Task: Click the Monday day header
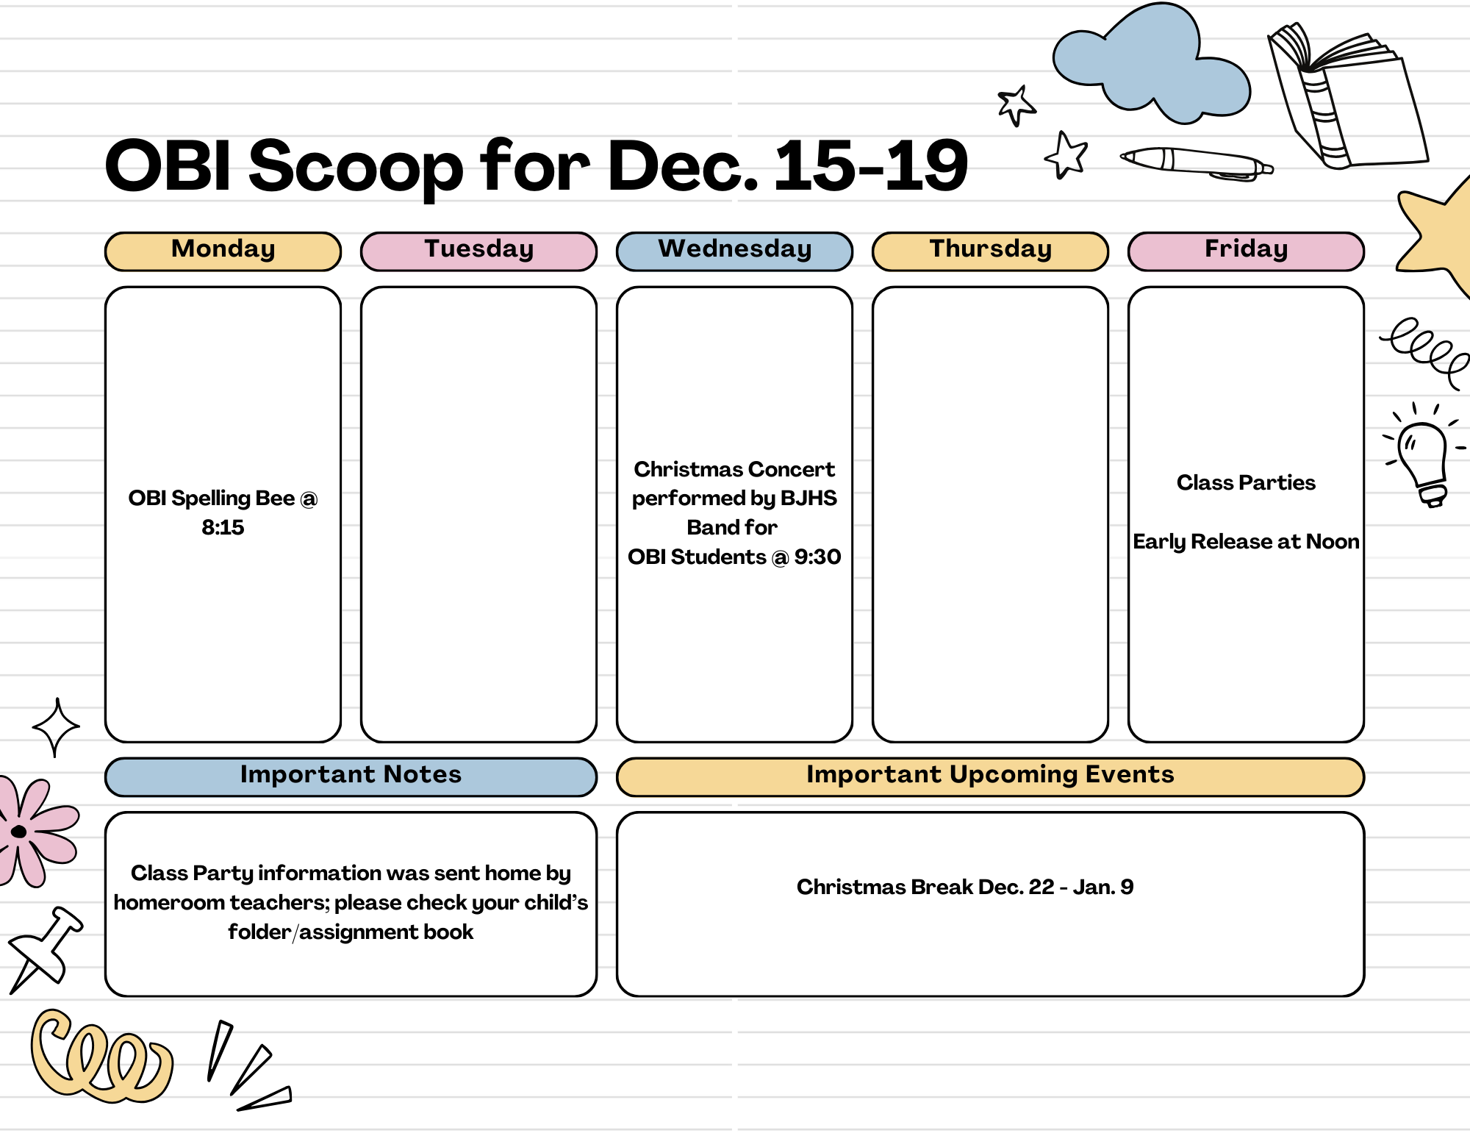point(223,250)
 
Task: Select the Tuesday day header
point(478,250)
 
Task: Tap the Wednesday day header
point(734,250)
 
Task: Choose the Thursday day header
point(990,250)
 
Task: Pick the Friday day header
point(1246,250)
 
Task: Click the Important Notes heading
point(351,776)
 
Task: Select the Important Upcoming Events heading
point(990,776)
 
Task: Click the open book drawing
point(1345,96)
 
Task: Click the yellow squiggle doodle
point(99,1059)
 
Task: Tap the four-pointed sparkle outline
point(56,727)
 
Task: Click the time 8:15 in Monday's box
point(223,528)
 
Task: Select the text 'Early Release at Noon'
point(1246,542)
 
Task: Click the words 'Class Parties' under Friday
point(1246,483)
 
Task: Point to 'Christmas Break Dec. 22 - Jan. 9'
point(965,887)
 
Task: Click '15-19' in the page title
point(871,167)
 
